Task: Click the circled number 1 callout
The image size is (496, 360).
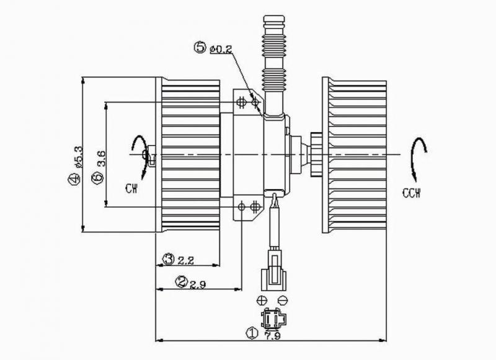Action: point(252,333)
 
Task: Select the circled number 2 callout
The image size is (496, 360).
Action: point(182,282)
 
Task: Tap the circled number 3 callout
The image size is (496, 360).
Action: point(167,258)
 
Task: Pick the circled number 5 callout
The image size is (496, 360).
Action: point(200,47)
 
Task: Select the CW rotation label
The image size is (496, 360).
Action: point(130,187)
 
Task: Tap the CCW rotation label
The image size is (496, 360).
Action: point(410,193)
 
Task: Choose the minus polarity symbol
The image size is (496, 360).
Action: point(283,301)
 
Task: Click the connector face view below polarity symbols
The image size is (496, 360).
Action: point(270,320)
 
